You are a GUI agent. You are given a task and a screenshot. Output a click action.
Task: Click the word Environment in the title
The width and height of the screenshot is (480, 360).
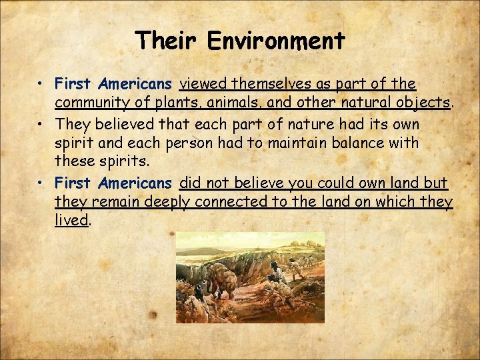[276, 41]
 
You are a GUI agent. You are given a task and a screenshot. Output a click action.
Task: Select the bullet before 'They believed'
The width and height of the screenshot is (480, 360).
[41, 125]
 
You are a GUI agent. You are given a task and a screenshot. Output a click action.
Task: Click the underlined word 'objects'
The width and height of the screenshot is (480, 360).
[424, 104]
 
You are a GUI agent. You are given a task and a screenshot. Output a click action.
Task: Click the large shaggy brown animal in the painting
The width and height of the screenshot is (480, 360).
[223, 280]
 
